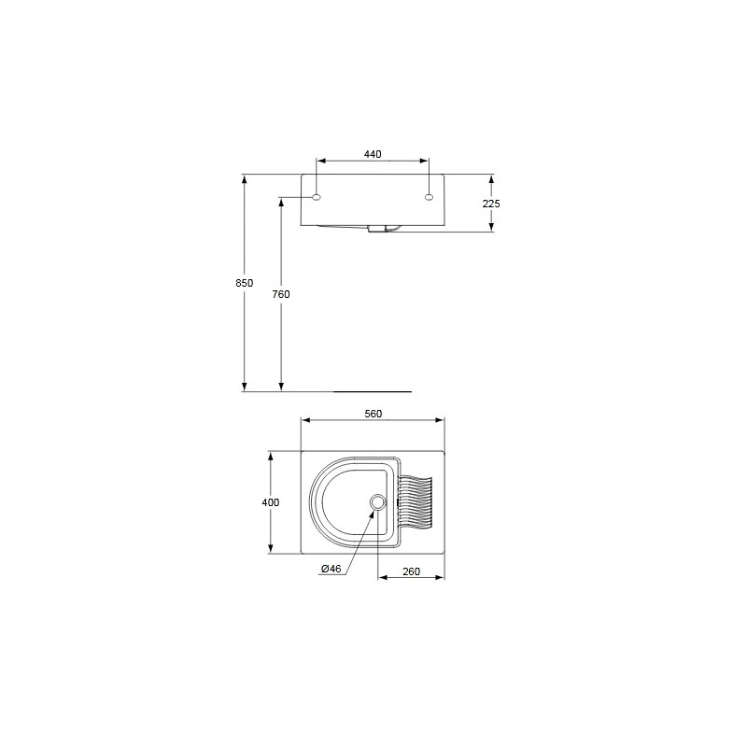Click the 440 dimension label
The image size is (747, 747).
[x=373, y=154]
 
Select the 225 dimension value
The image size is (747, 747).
[x=491, y=204]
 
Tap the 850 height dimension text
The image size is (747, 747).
[x=245, y=283]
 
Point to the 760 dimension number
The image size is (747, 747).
[x=281, y=294]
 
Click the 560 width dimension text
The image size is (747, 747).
[x=373, y=414]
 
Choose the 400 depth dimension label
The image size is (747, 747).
[x=271, y=502]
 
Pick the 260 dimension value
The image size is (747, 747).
[x=411, y=571]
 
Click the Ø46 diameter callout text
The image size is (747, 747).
[x=331, y=569]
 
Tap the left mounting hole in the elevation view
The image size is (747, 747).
[x=317, y=197]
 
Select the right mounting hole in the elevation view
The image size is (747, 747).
[x=429, y=197]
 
